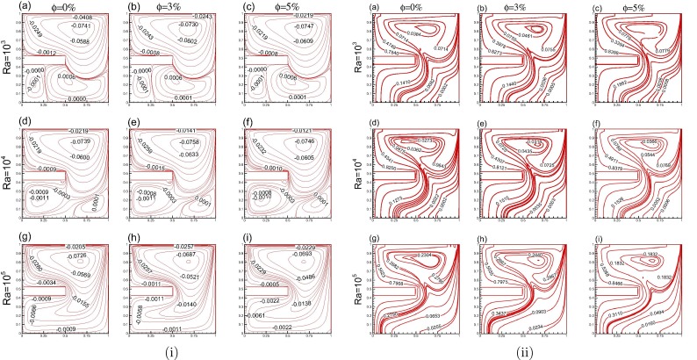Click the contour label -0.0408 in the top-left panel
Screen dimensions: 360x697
pyautogui.click(x=83, y=18)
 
